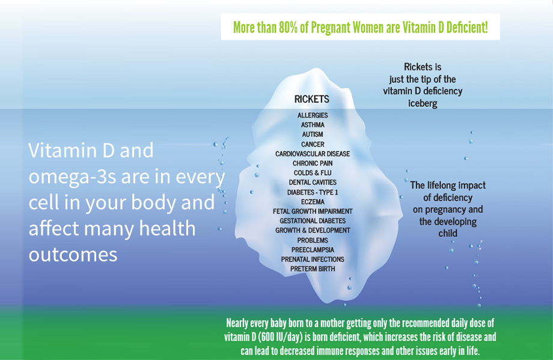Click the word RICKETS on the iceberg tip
(312, 99)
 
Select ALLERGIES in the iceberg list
(313, 115)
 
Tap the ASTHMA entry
(313, 125)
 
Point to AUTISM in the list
(313, 135)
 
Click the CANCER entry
(313, 144)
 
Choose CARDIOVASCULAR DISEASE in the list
(313, 154)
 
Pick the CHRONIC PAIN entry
(313, 163)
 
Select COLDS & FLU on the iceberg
(313, 172)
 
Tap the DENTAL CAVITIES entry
(313, 182)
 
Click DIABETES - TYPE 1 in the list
(313, 192)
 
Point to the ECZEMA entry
(313, 202)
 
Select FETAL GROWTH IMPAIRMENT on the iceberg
(313, 211)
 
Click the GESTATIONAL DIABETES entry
(313, 221)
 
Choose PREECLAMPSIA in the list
(313, 249)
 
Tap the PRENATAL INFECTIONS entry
(313, 259)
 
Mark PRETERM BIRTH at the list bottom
(313, 269)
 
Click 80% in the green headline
(288, 27)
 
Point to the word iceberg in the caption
(423, 103)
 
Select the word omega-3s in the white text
(72, 177)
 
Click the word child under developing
(448, 233)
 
